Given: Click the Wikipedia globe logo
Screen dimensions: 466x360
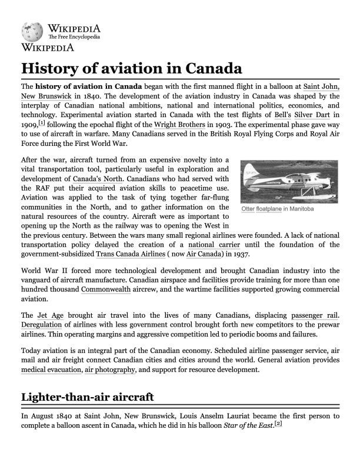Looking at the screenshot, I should coord(31,31).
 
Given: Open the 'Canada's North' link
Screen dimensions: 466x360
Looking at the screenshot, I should coord(98,178).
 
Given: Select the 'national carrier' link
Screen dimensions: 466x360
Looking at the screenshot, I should coord(214,244).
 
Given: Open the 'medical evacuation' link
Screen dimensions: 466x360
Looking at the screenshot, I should coord(51,370).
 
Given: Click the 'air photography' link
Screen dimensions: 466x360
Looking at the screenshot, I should coord(110,370).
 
